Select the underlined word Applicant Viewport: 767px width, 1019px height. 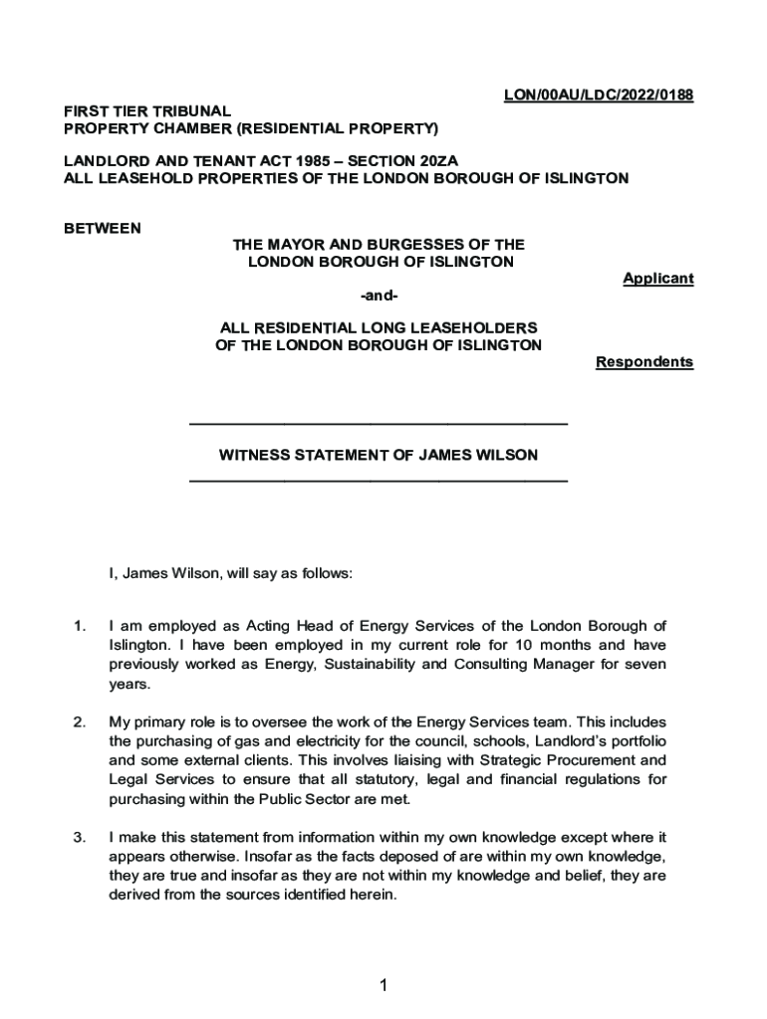(x=657, y=279)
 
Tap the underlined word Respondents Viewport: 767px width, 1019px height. (x=643, y=362)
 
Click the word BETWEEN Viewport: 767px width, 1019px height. (x=103, y=228)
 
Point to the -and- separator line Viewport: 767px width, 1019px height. (x=378, y=296)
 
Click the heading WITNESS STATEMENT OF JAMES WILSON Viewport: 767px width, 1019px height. (x=378, y=455)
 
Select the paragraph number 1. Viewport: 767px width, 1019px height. (x=79, y=626)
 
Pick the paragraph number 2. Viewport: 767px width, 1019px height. (x=79, y=720)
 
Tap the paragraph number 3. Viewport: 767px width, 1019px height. (x=79, y=836)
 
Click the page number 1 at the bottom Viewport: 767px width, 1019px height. (x=382, y=985)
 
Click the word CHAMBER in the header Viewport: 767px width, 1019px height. (x=188, y=128)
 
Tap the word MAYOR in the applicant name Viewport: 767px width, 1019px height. (x=300, y=245)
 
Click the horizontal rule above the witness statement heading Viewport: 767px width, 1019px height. (x=378, y=425)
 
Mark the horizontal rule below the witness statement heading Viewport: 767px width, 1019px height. (x=378, y=482)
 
